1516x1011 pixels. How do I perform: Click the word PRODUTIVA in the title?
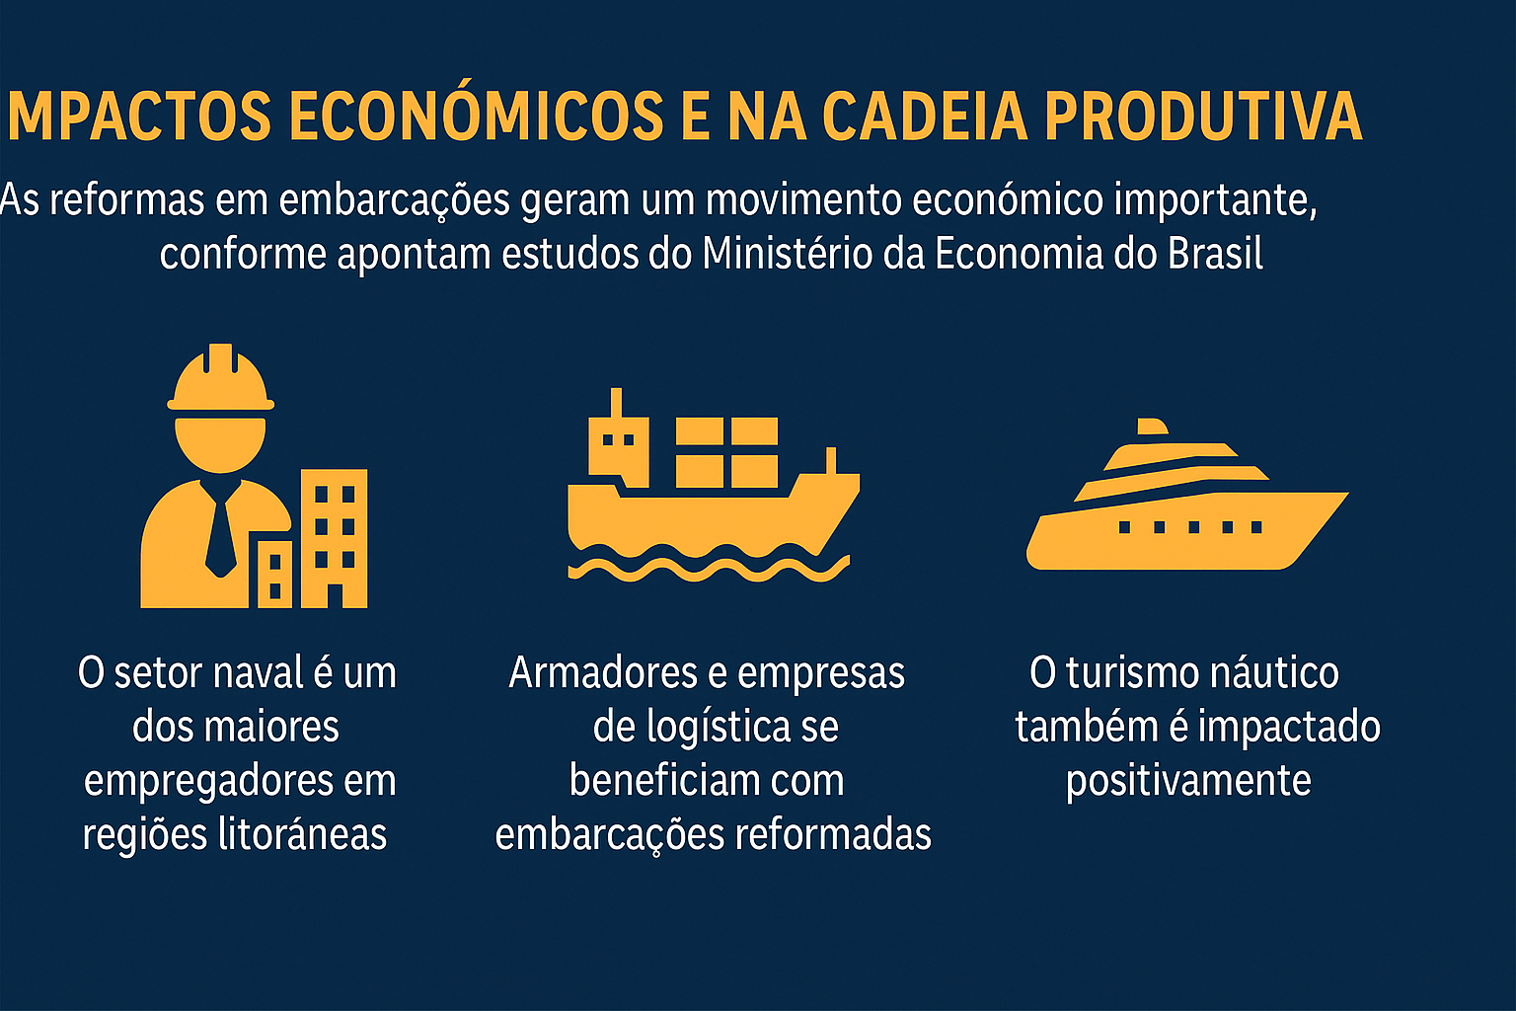point(1202,117)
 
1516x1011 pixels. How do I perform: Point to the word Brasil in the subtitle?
point(1215,254)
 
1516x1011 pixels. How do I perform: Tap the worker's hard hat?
point(220,379)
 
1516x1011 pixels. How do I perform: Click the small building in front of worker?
point(274,575)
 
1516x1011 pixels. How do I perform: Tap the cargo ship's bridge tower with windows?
point(618,443)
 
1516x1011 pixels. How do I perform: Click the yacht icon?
point(1184,504)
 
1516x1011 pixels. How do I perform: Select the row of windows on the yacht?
point(1190,527)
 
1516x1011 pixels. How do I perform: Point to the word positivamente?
point(1188,781)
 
